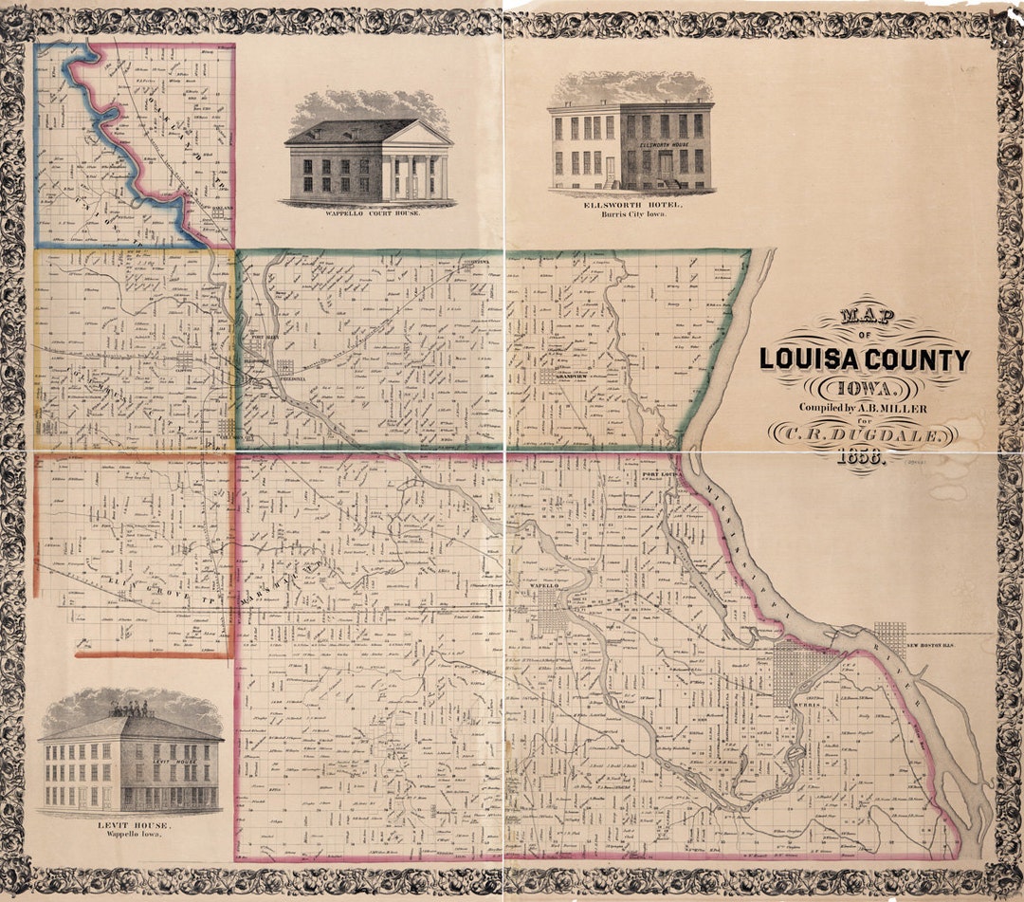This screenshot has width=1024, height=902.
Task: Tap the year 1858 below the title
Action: (861, 457)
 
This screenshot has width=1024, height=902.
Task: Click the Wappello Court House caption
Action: (369, 213)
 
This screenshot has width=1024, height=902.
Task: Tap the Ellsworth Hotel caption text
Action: (629, 205)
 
